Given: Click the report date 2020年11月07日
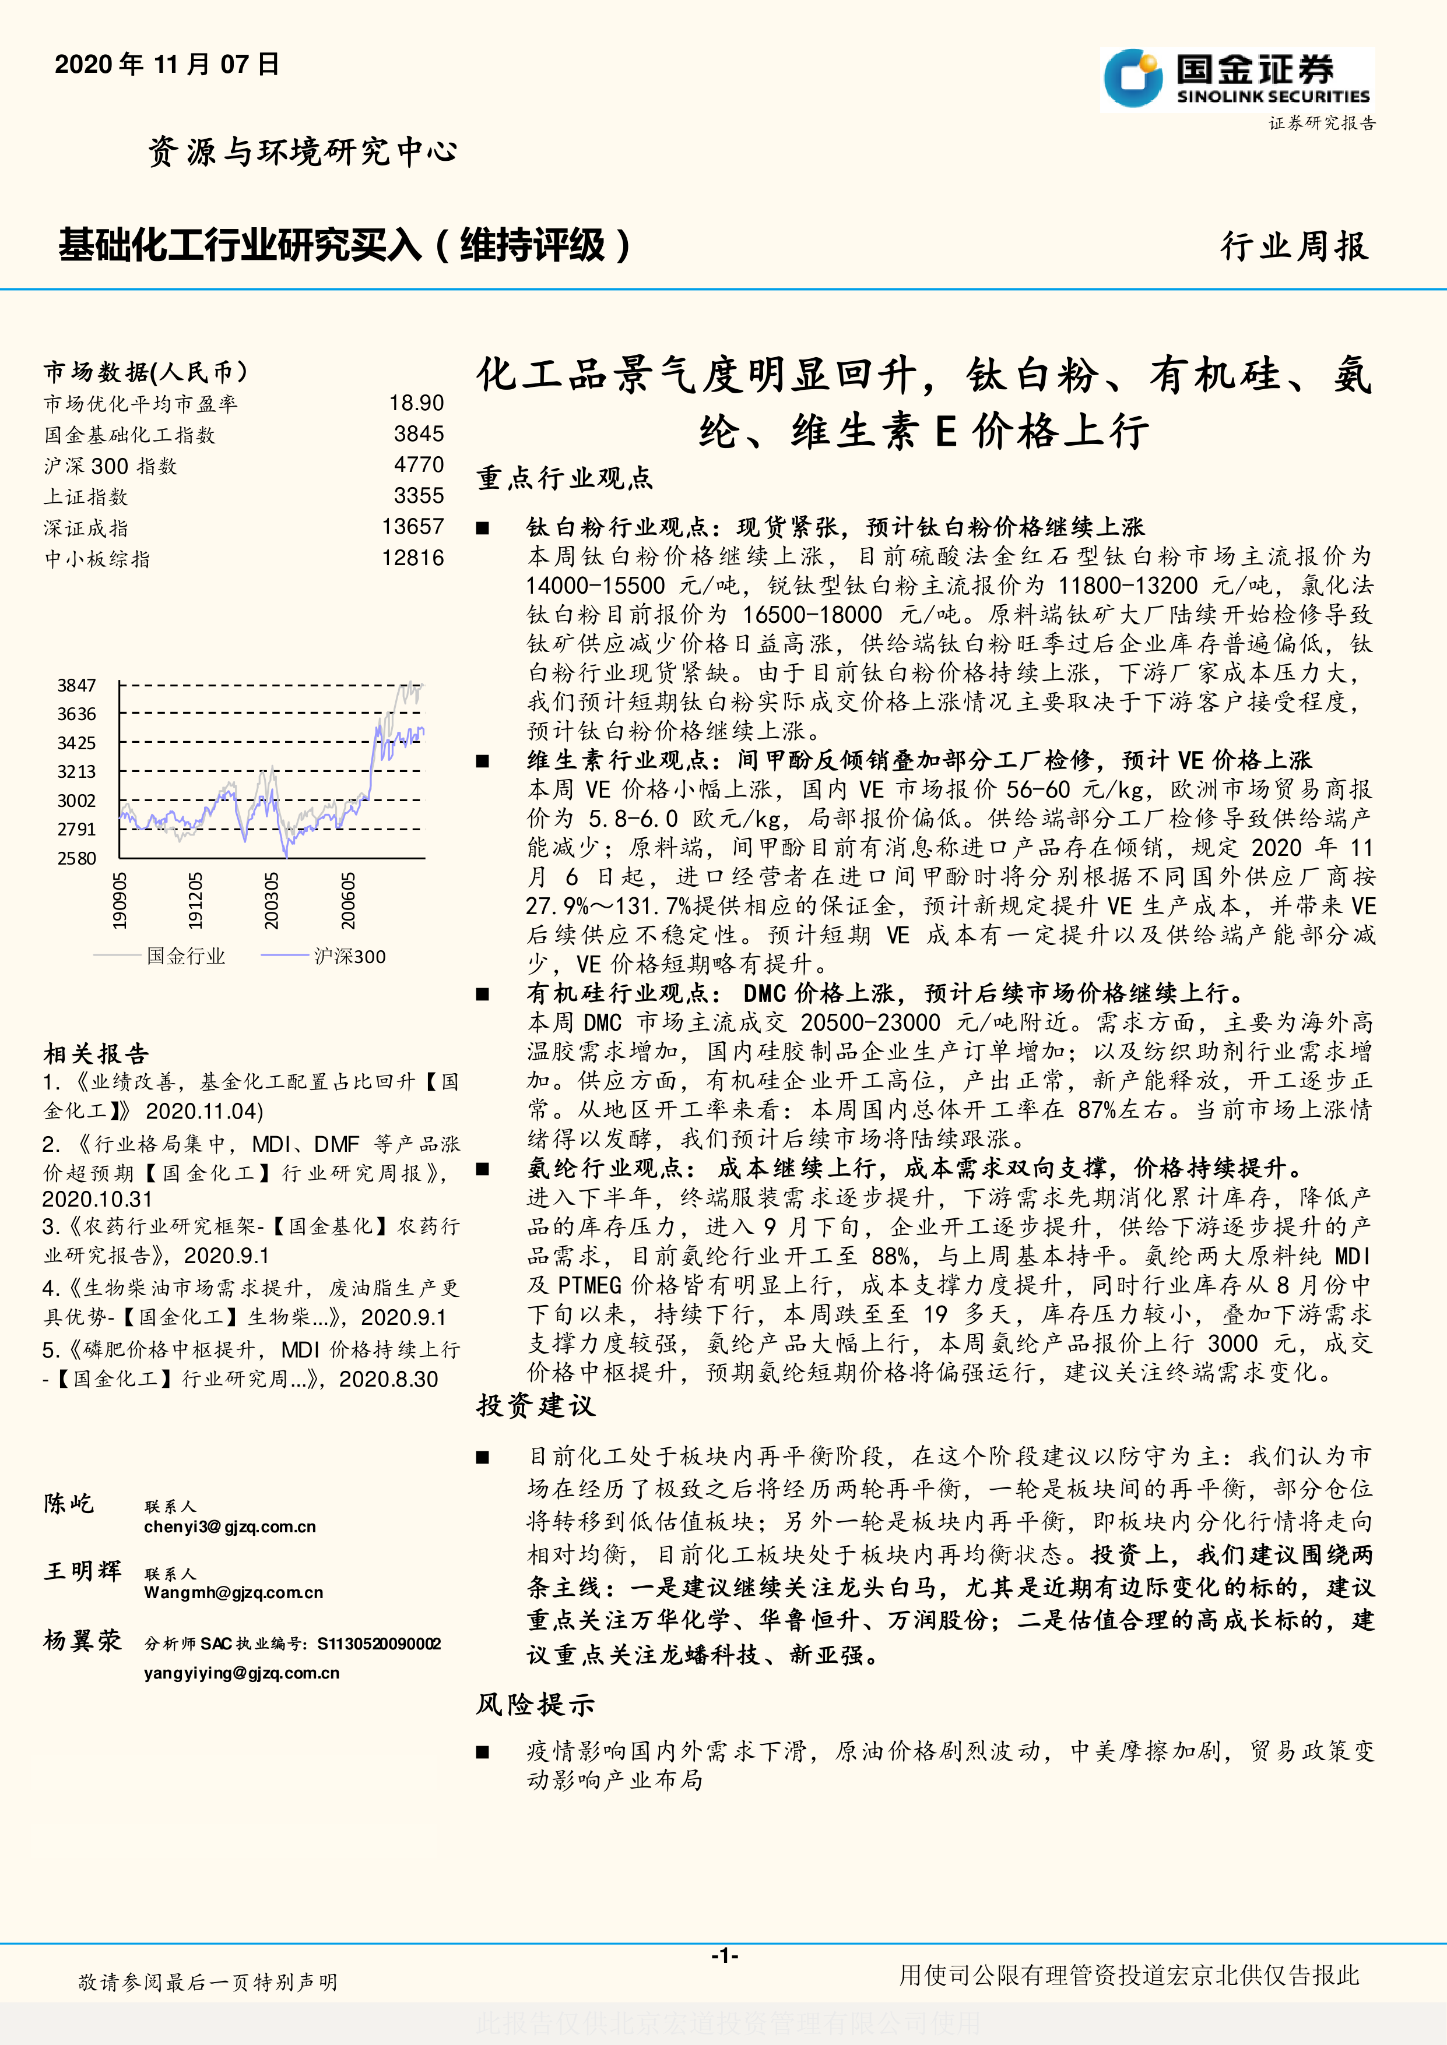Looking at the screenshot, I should click(x=167, y=64).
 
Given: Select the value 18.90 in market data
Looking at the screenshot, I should click(x=416, y=404).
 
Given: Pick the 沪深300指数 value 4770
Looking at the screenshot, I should click(x=419, y=465).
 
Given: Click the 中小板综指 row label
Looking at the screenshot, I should click(x=98, y=559).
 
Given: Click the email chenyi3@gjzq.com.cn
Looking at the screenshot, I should click(x=230, y=1526).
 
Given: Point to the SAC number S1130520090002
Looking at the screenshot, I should click(x=379, y=1644).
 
